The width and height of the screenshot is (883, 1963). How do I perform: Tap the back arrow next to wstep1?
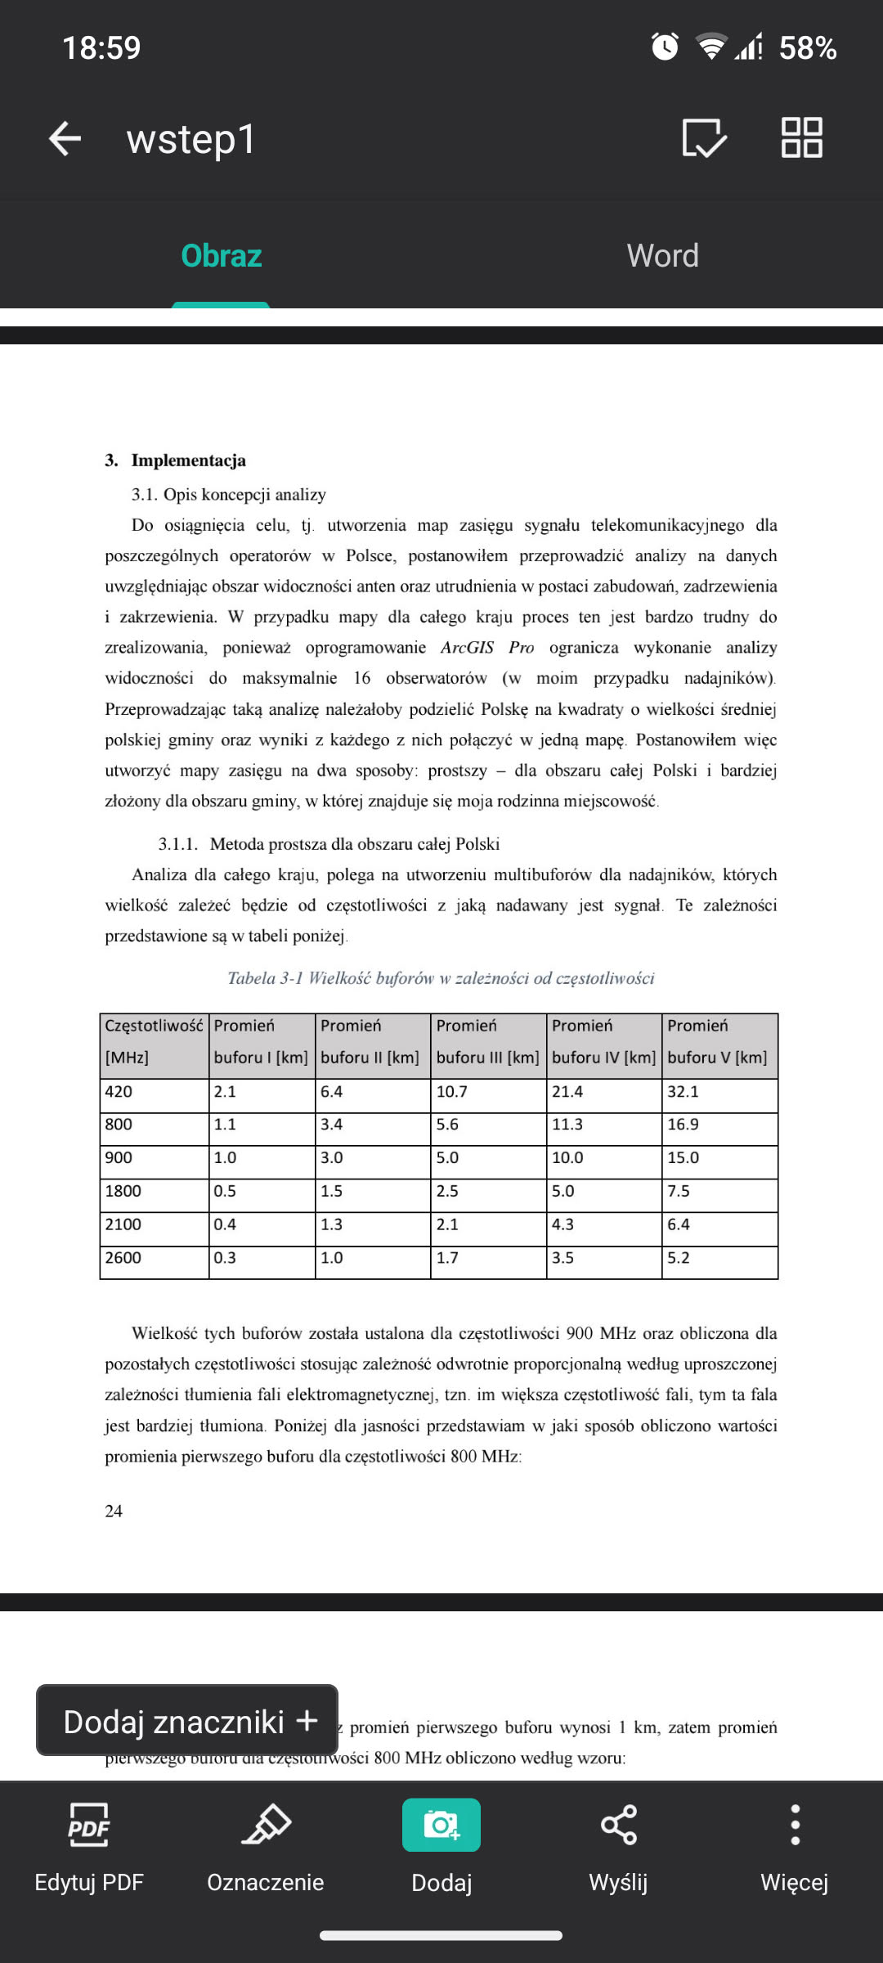(x=65, y=138)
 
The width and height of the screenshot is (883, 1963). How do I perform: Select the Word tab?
(x=662, y=256)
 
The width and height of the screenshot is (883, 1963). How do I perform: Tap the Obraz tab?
(x=221, y=256)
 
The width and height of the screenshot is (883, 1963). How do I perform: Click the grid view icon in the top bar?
(x=801, y=137)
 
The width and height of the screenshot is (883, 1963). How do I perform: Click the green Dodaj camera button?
(x=441, y=1825)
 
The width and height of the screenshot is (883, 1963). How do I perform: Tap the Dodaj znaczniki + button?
(x=187, y=1722)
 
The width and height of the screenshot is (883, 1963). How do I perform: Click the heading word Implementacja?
(x=188, y=460)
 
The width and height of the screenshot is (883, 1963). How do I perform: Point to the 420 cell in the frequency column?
(x=119, y=1092)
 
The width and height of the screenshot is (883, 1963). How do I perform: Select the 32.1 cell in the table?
(x=683, y=1092)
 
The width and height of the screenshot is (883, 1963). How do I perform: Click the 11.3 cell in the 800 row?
(x=567, y=1125)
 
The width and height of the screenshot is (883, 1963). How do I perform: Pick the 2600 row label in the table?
(x=123, y=1258)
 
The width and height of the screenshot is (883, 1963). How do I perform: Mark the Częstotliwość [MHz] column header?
(x=154, y=1041)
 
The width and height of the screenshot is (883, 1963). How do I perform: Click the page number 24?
(x=114, y=1512)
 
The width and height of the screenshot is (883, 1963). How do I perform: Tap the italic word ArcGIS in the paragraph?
(x=467, y=648)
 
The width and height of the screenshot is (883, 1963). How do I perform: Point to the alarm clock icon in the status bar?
(x=665, y=47)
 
